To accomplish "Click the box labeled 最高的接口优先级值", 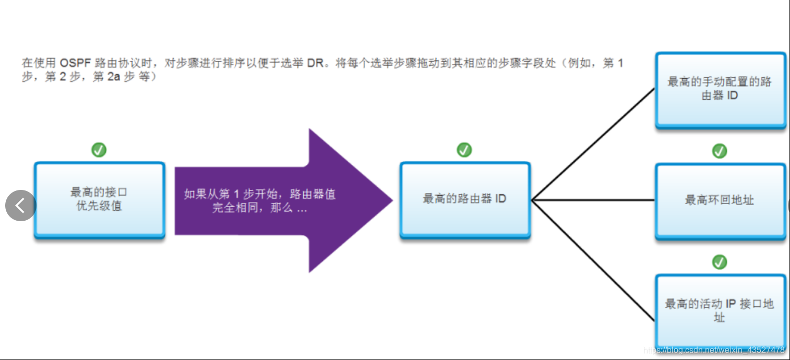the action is click(99, 200).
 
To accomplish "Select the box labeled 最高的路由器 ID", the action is click(464, 200).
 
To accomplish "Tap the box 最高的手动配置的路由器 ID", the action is click(720, 89).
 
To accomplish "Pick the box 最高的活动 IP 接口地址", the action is click(720, 310).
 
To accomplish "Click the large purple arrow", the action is click(282, 201).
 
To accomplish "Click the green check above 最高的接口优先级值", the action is click(99, 150).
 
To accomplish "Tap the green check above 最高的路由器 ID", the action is click(464, 150).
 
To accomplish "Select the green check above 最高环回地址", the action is click(720, 151).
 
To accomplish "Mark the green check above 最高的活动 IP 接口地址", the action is click(720, 261).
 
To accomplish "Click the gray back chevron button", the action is click(20, 206).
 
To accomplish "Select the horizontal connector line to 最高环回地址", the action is click(594, 200).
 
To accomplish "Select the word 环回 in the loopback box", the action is click(719, 200).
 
